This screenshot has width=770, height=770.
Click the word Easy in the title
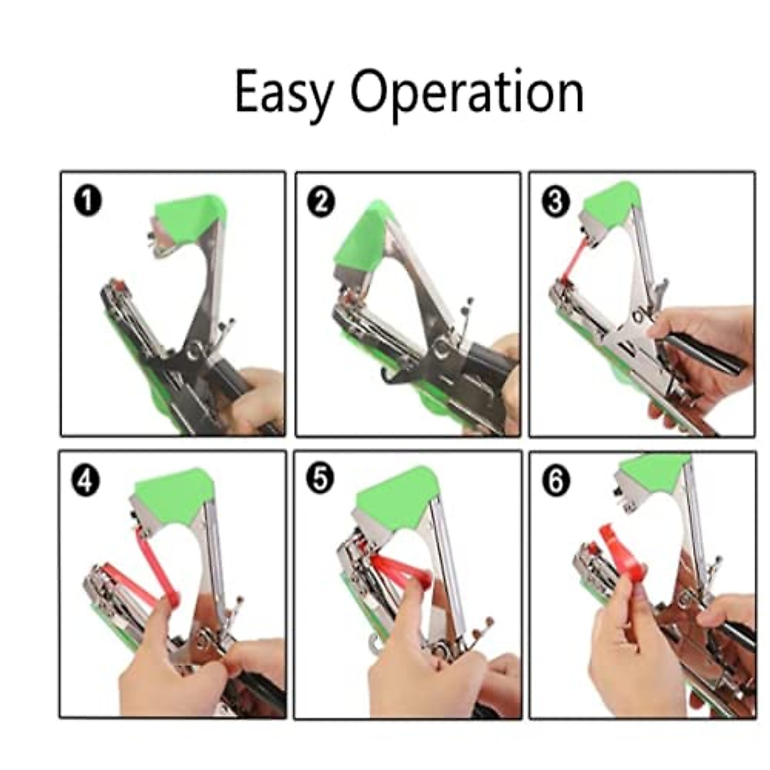282,94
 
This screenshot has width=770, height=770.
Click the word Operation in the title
466,94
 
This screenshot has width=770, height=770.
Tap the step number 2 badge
321,202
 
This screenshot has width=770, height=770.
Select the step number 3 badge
555,202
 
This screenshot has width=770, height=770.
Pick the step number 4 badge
86,481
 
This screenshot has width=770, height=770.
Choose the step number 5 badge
320,480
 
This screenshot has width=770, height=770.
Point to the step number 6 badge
556,481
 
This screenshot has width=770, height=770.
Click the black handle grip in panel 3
706,353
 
